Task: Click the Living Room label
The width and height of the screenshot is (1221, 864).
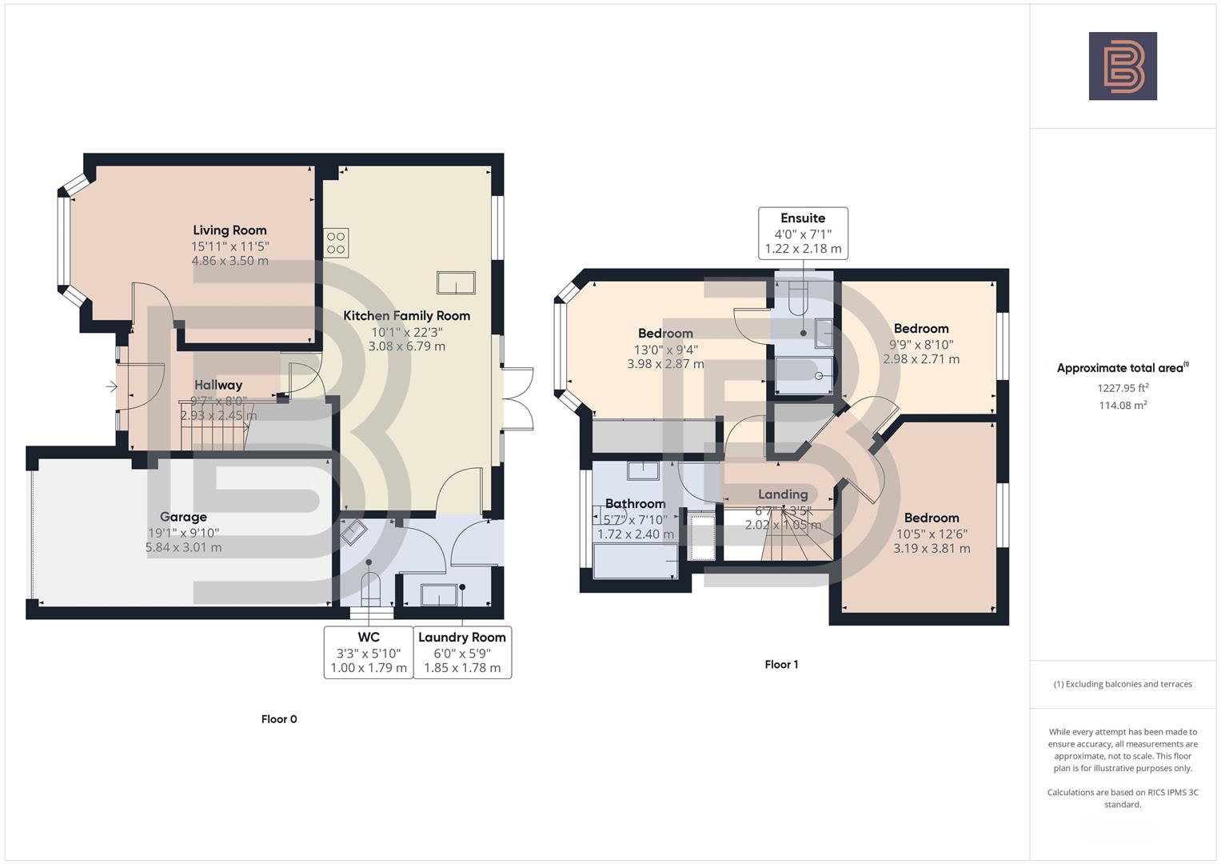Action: point(229,230)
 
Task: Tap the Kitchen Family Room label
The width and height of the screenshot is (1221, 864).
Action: point(406,315)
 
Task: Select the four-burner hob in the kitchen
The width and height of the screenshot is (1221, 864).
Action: point(336,243)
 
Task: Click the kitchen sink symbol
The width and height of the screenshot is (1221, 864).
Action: point(456,282)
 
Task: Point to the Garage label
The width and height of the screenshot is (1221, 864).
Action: point(183,517)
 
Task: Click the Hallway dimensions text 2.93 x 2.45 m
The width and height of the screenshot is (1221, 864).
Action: point(218,416)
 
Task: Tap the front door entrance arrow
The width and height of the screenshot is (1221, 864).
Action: point(110,387)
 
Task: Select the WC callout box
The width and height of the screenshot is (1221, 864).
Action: point(368,652)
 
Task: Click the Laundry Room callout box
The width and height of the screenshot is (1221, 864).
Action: point(462,652)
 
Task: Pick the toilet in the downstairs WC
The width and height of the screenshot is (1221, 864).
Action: point(369,588)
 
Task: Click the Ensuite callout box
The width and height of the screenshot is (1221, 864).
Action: point(803,233)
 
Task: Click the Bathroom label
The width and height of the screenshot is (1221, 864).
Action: point(635,503)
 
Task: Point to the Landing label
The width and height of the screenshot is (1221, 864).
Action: point(782,494)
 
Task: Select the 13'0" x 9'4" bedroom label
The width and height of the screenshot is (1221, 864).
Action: point(665,349)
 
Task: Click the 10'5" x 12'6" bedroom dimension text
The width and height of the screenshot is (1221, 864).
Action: point(932,534)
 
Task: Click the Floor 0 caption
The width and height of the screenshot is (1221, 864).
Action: point(279,719)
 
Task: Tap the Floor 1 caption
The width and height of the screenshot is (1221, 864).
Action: point(781,665)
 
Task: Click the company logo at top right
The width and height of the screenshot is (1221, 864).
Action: point(1123,66)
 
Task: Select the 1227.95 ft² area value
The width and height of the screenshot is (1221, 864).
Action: point(1123,388)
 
